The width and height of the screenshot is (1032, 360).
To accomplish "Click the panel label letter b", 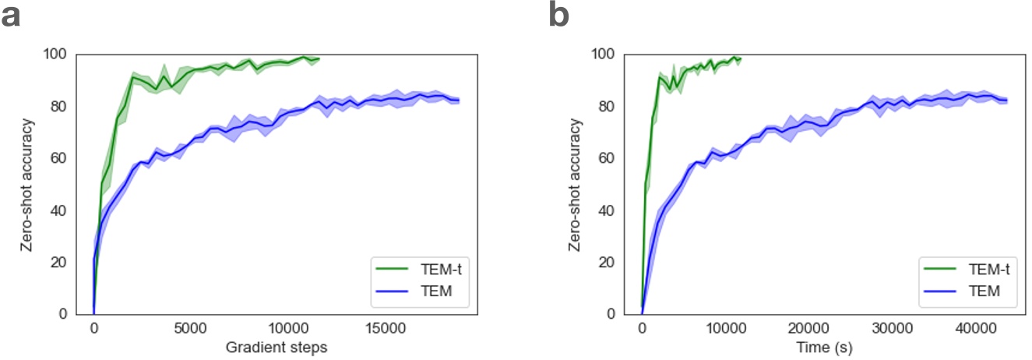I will pyautogui.click(x=559, y=17).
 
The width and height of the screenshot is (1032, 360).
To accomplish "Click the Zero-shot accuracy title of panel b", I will pyautogui.click(x=576, y=184).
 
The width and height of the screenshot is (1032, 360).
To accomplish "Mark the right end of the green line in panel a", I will pyautogui.click(x=319, y=58).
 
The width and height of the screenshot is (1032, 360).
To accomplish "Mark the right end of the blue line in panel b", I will pyautogui.click(x=1008, y=100).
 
